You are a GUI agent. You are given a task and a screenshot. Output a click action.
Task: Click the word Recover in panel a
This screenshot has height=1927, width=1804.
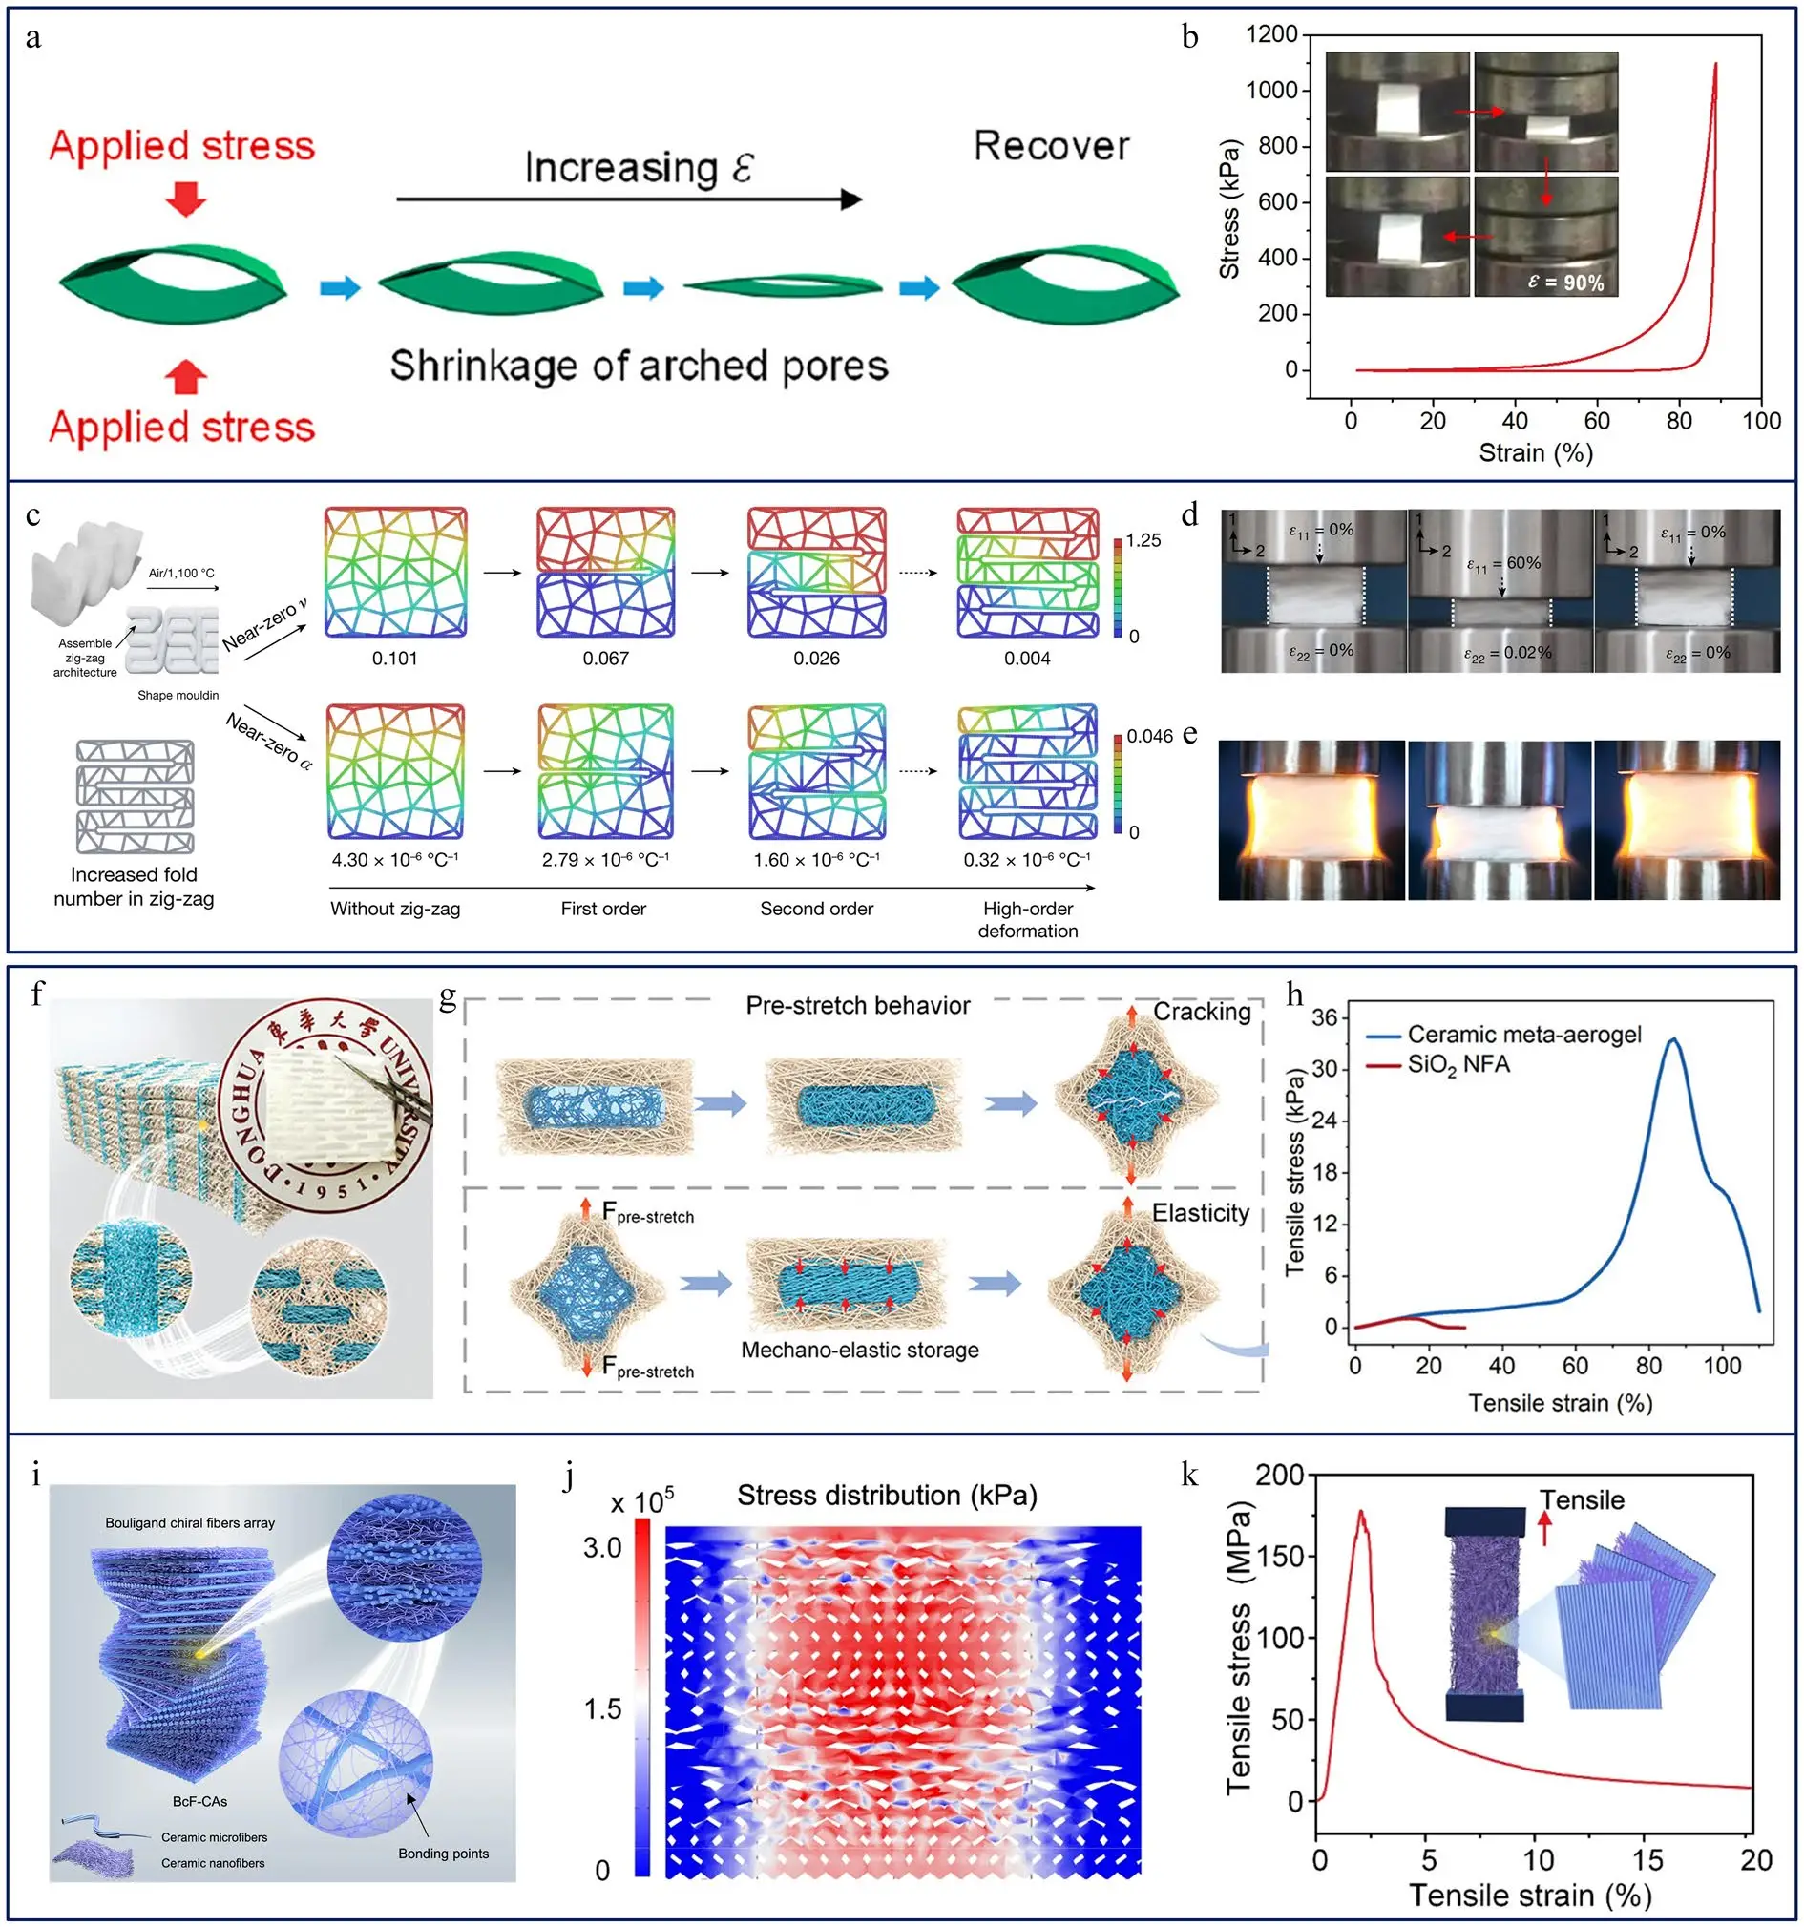click(x=1051, y=146)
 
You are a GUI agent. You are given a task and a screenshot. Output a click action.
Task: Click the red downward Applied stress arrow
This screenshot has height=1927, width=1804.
click(x=185, y=198)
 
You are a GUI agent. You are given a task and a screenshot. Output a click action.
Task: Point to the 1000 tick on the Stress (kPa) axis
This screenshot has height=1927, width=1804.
click(x=1270, y=90)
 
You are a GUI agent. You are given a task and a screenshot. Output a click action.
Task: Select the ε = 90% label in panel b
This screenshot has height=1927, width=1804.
click(x=1564, y=283)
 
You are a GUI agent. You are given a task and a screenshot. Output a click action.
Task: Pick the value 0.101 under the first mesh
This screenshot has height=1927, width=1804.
click(x=394, y=659)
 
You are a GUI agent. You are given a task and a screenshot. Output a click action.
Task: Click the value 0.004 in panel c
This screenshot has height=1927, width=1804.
click(x=1027, y=659)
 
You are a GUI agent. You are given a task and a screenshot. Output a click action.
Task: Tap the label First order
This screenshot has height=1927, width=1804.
click(x=603, y=909)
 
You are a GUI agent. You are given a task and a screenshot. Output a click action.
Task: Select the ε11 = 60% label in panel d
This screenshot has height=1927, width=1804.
click(x=1502, y=563)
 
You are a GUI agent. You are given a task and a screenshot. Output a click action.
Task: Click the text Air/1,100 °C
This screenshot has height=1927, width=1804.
click(x=181, y=573)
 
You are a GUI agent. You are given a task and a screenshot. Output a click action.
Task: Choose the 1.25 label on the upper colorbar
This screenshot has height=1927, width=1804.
click(x=1143, y=540)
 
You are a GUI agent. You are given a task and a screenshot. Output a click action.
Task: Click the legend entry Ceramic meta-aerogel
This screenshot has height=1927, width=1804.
click(x=1523, y=1035)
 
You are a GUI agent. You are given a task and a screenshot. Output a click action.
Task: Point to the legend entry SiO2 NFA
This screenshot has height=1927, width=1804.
click(x=1458, y=1064)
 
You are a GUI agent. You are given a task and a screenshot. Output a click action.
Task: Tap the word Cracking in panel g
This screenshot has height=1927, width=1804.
click(x=1201, y=1011)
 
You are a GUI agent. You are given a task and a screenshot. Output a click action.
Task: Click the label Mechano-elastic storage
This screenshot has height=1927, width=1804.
click(x=859, y=1350)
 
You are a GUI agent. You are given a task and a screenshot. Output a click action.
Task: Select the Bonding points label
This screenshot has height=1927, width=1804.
click(x=443, y=1854)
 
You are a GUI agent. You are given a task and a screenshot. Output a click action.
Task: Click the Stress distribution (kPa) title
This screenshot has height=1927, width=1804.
click(x=886, y=1495)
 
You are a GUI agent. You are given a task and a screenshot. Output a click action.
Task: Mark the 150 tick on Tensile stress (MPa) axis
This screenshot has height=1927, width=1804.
click(x=1280, y=1556)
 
